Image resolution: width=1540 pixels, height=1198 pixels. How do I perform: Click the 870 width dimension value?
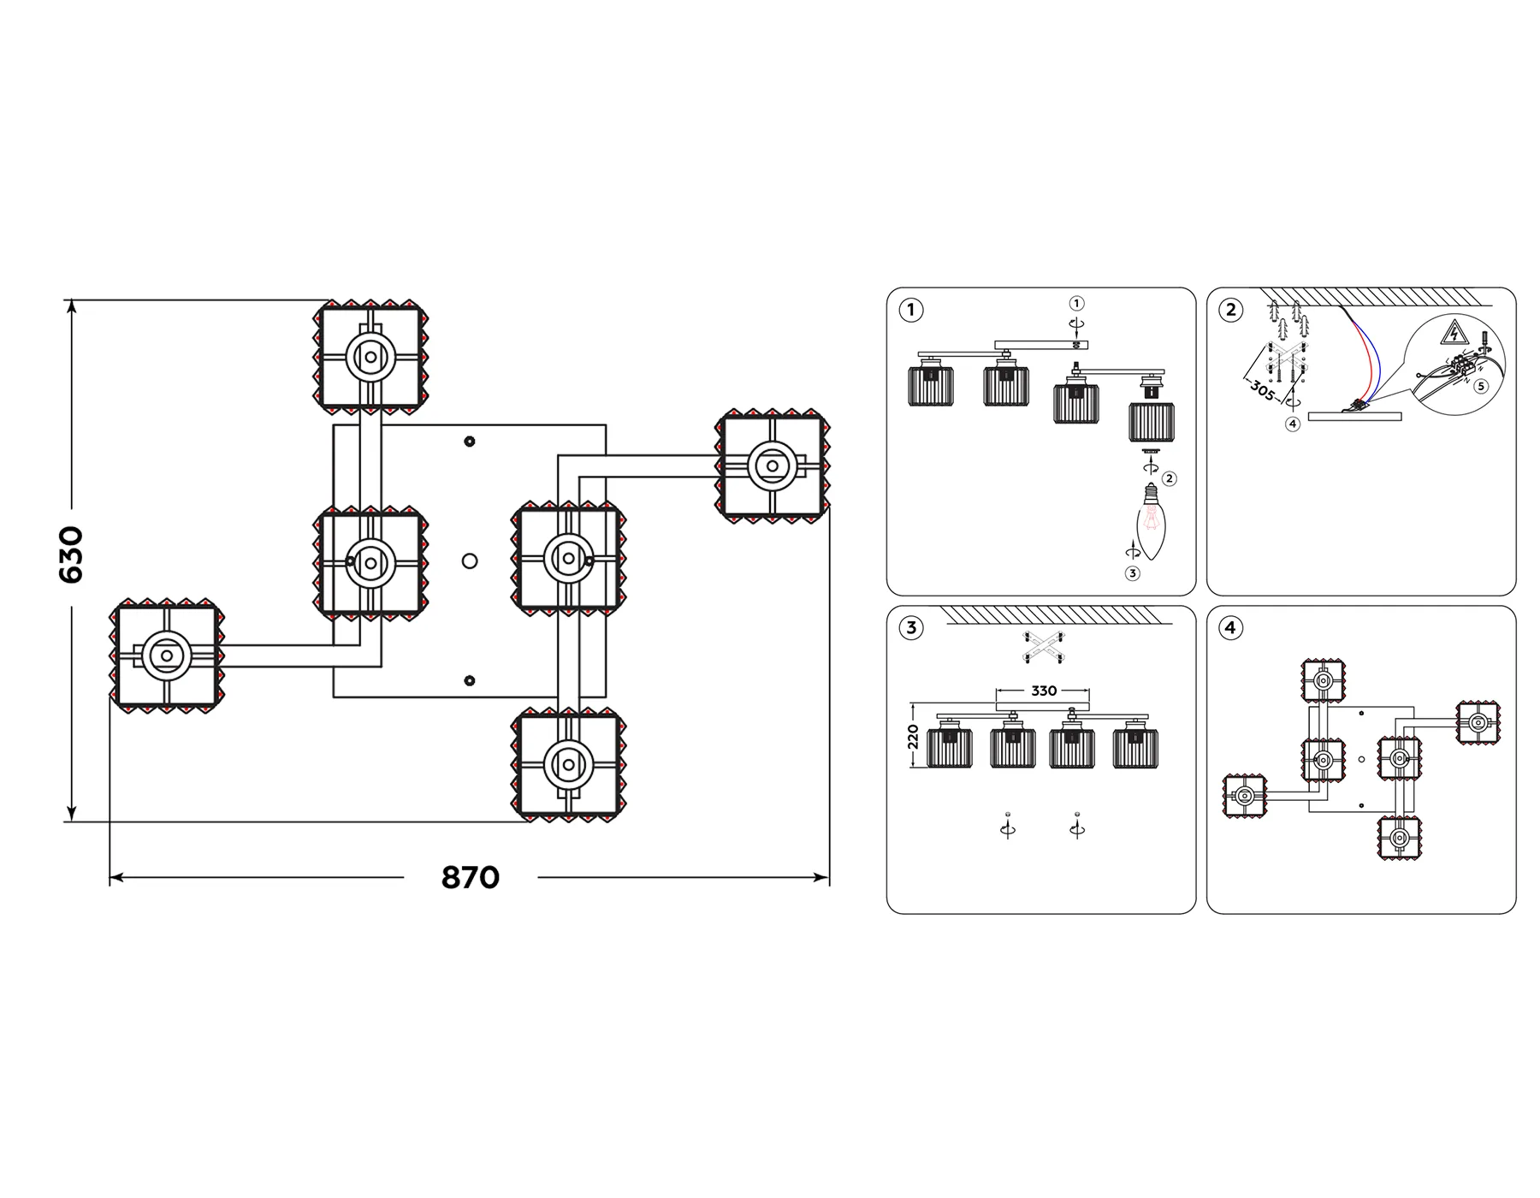pos(470,878)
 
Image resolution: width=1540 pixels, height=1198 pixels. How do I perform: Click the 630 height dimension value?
pos(71,555)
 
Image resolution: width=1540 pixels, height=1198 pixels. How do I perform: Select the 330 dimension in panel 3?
pos(1044,691)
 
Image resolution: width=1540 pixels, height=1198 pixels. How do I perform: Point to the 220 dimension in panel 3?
pos(913,737)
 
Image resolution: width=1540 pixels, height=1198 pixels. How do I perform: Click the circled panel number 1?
pos(911,310)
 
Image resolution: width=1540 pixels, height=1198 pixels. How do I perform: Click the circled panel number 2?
pos(1231,310)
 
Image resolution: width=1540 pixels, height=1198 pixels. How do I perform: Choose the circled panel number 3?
pos(911,628)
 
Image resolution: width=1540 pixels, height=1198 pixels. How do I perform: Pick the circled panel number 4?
pos(1231,628)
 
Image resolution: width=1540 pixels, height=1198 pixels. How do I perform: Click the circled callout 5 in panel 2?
pos(1481,386)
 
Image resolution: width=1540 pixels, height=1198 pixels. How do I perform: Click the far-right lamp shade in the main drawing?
pos(773,466)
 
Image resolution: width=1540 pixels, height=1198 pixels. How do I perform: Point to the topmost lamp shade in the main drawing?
pos(370,357)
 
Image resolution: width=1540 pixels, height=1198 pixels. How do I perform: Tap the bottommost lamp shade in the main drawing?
pos(568,764)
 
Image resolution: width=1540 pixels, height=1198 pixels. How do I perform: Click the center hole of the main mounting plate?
pos(469,561)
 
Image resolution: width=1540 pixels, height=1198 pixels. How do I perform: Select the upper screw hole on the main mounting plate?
pos(469,442)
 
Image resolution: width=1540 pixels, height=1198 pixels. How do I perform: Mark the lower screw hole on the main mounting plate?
pos(469,681)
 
